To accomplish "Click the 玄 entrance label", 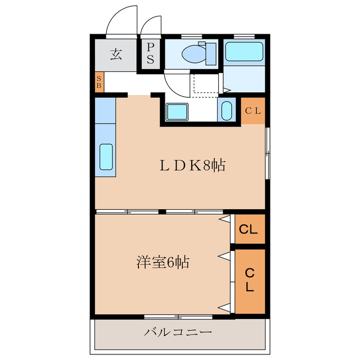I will coord(116,55).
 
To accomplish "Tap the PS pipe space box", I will coord(150,54).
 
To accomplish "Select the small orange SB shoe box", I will coord(99,83).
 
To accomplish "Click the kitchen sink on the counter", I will coord(106,156).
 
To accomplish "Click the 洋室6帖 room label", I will coord(163,262).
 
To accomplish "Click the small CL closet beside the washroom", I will coord(253,111).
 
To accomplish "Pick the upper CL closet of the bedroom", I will coord(249,229).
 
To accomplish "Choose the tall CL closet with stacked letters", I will coord(249,280).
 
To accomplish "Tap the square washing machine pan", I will coord(178,111).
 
